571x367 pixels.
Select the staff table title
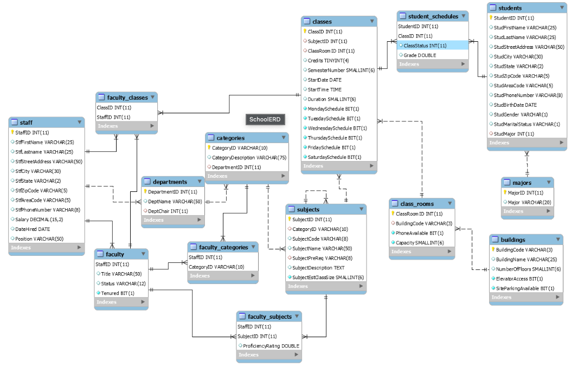pos(26,123)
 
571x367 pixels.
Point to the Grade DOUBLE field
pos(419,55)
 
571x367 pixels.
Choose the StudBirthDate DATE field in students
pos(515,105)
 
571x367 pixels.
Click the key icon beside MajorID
pos(504,192)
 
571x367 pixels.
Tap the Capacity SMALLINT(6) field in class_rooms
pos(419,243)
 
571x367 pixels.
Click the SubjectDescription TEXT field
pos(318,268)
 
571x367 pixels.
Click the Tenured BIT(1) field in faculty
pos(118,293)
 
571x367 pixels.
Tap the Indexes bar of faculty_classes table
pos(126,126)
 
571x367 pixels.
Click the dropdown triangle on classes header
pos(371,22)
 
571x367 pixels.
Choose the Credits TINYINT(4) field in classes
pos(328,61)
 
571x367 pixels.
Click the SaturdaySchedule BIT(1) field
pos(334,157)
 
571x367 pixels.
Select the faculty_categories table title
pos(223,247)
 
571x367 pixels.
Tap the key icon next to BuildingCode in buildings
pos(493,250)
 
